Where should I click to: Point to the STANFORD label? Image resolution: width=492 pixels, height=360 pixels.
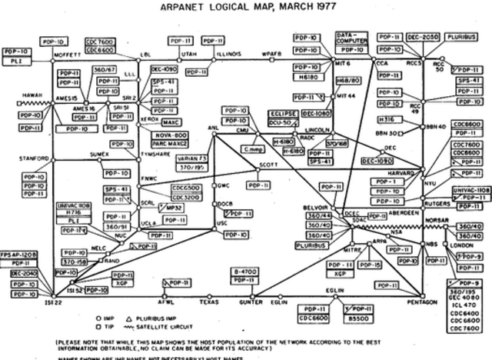click(x=34, y=158)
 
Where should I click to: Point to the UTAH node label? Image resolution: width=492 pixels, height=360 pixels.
click(x=189, y=54)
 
